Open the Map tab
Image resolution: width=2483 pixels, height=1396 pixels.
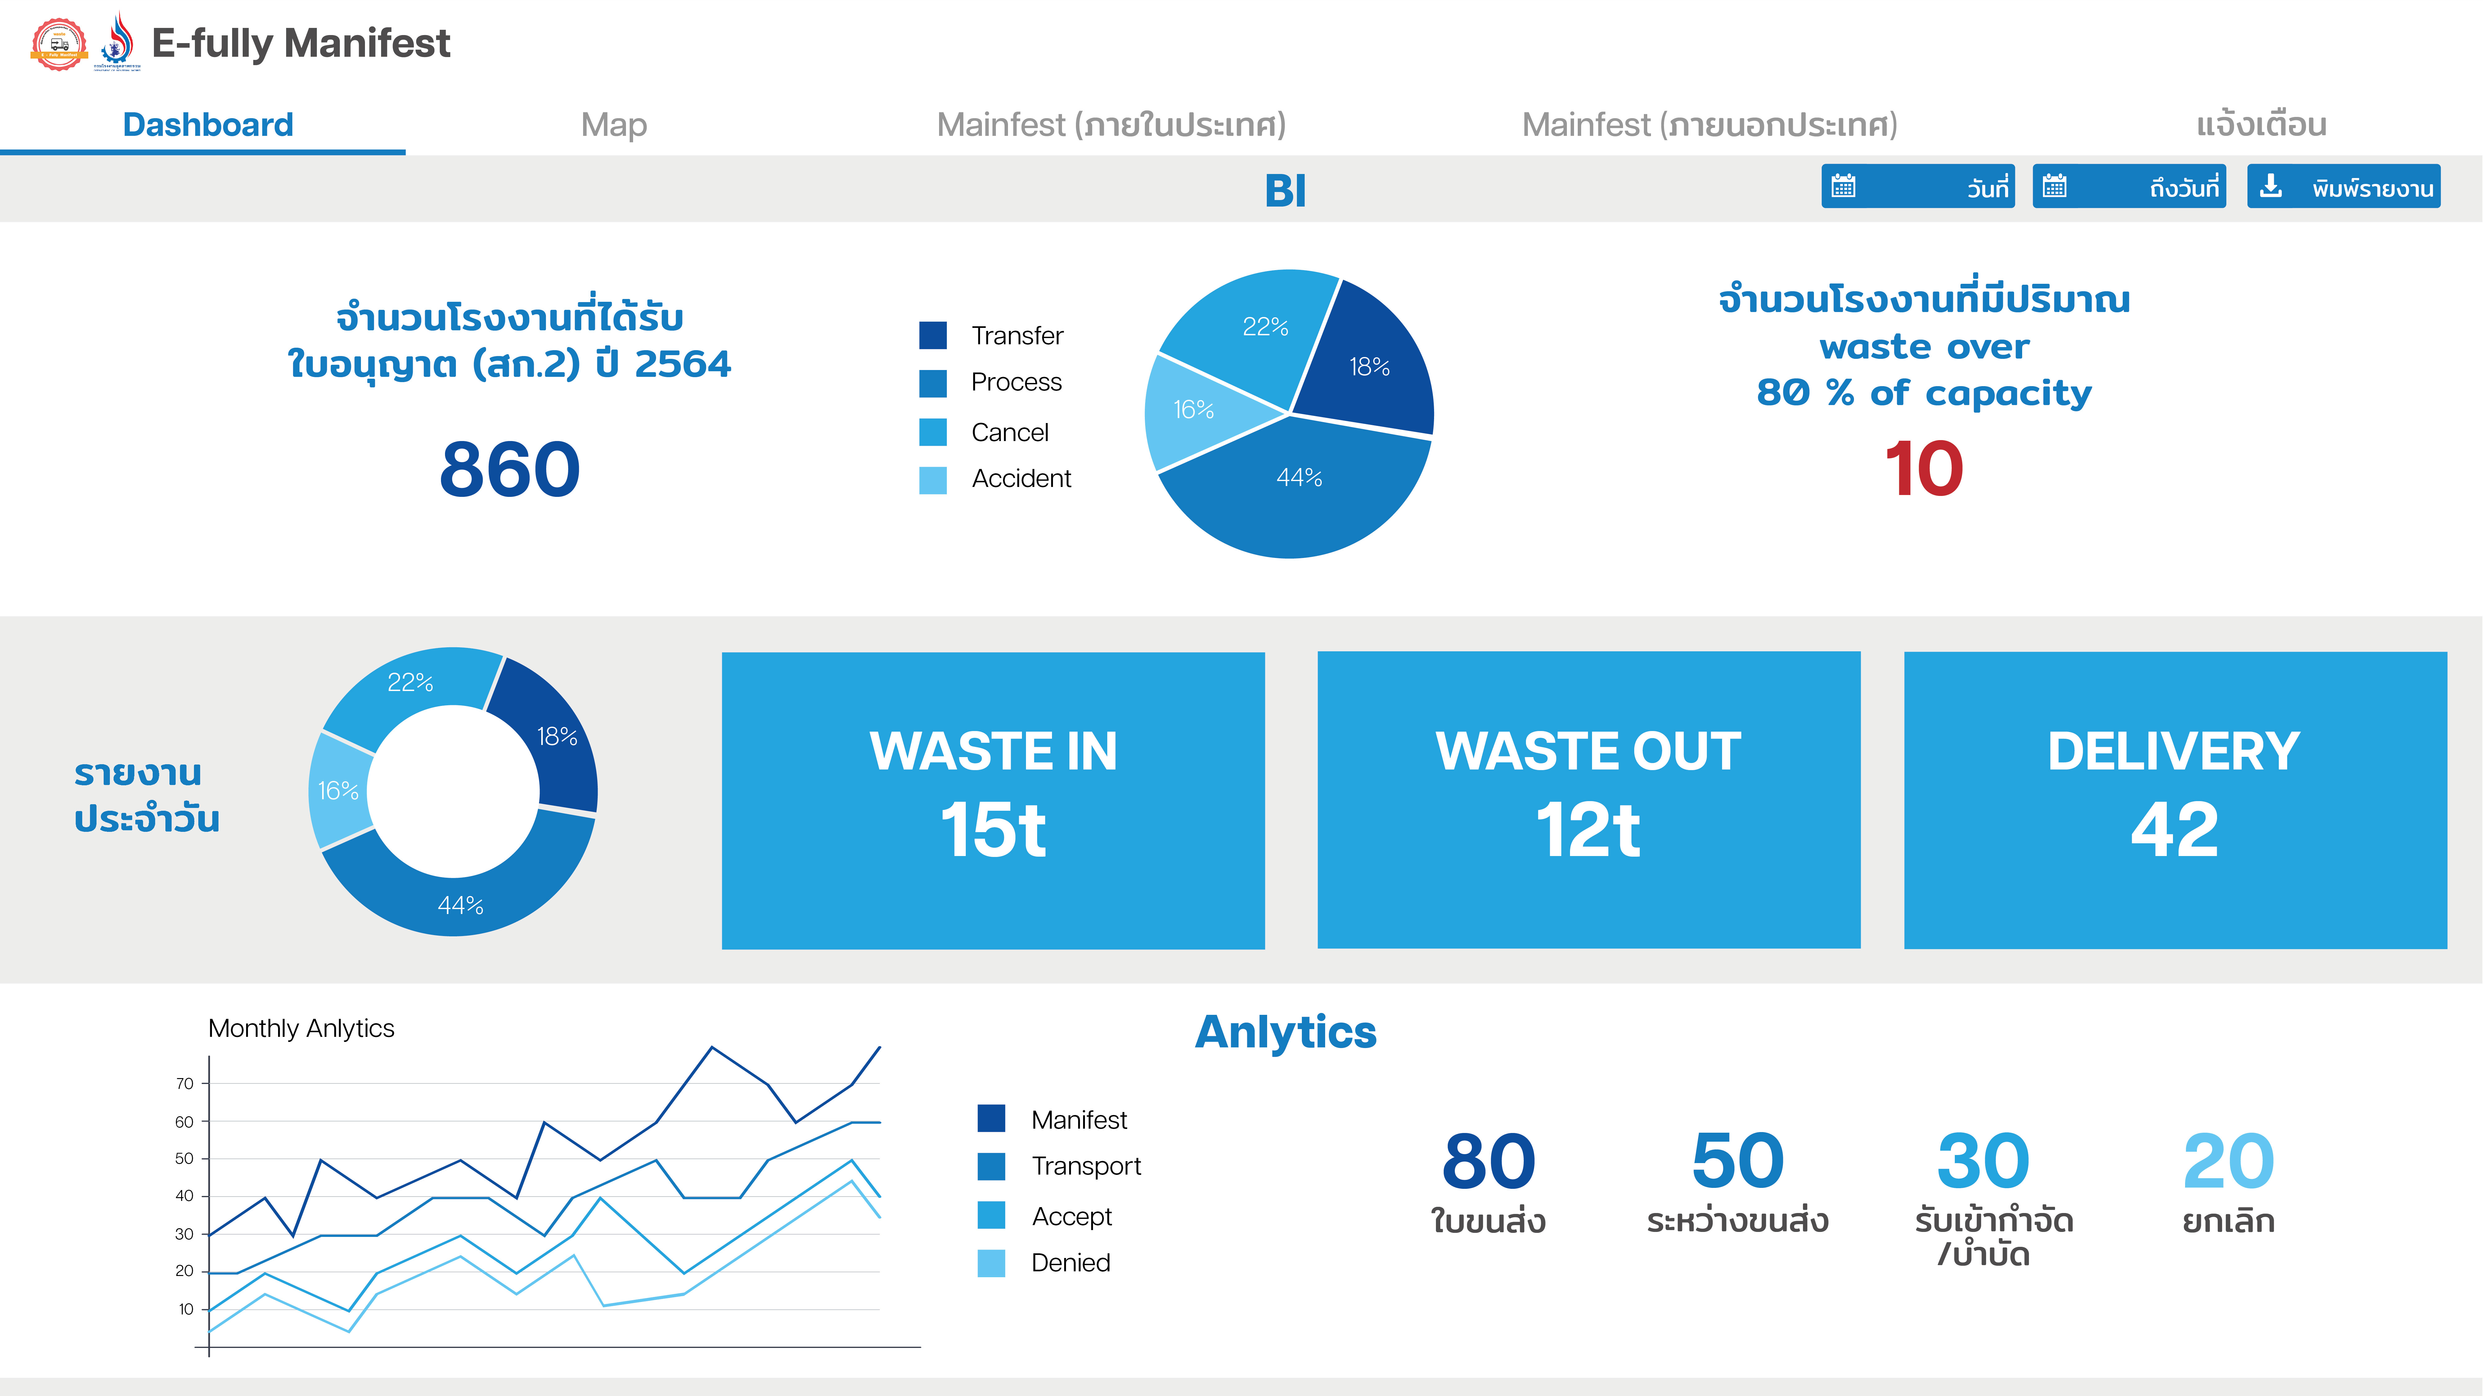click(x=614, y=125)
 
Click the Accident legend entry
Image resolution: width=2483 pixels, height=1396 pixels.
click(x=996, y=479)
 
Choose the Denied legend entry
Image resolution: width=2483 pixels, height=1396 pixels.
click(x=1044, y=1263)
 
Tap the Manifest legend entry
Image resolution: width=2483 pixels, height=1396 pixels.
click(x=1052, y=1119)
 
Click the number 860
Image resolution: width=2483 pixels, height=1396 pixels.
click(x=510, y=469)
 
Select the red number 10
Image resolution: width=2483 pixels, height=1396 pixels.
click(x=1924, y=469)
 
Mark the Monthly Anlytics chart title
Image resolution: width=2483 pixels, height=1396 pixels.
click(x=301, y=1029)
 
